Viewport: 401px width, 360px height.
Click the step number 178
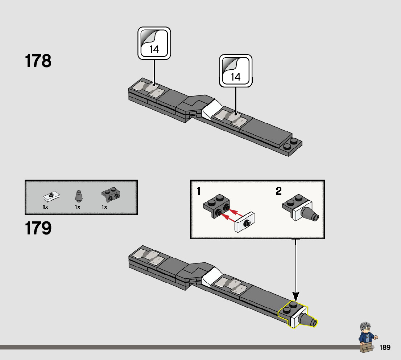pyautogui.click(x=38, y=61)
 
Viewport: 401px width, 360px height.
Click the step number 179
pyautogui.click(x=38, y=228)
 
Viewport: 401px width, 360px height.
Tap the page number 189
pyautogui.click(x=385, y=348)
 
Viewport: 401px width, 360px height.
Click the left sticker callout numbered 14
pyautogui.click(x=154, y=43)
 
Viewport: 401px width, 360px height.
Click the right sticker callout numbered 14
pyautogui.click(x=236, y=71)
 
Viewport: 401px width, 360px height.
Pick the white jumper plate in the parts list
pyautogui.click(x=51, y=196)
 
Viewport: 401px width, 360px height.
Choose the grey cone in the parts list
pyautogui.click(x=78, y=196)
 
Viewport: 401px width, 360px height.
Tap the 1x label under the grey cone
pyautogui.click(x=77, y=207)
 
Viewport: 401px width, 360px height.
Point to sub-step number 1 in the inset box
pyautogui.click(x=199, y=191)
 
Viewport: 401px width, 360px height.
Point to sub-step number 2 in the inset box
pyautogui.click(x=278, y=191)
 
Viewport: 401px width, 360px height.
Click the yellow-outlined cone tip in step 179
pyautogui.click(x=310, y=321)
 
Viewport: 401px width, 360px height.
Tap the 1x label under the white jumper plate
pyautogui.click(x=45, y=207)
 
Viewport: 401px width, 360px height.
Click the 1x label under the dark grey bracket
pyautogui.click(x=104, y=207)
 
